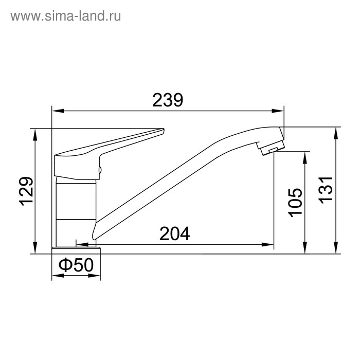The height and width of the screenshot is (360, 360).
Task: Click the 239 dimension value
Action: [168, 100]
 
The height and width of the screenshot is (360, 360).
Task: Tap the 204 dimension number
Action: [175, 233]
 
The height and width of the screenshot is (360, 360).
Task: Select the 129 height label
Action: [27, 192]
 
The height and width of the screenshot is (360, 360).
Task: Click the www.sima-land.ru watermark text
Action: [66, 16]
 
